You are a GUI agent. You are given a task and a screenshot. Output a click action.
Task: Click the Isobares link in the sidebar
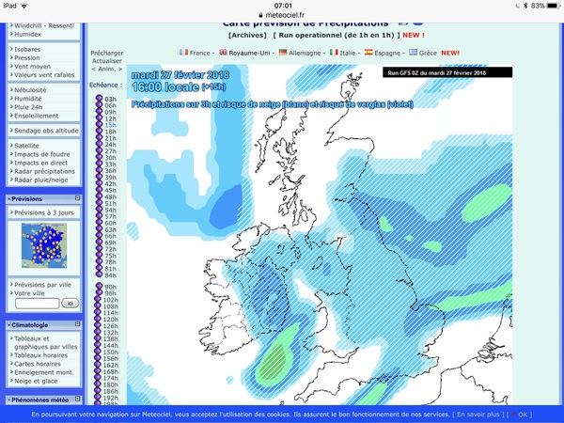pyautogui.click(x=28, y=48)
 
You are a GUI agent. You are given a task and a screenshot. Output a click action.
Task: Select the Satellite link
pyautogui.click(x=29, y=146)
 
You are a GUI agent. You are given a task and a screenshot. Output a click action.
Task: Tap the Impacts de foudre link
pyautogui.click(x=41, y=154)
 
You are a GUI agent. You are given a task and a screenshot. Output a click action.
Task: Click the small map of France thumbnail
pyautogui.click(x=44, y=245)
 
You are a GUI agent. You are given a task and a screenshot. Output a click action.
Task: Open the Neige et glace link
pyautogui.click(x=37, y=382)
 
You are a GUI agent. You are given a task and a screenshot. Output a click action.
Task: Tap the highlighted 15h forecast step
pyautogui.click(x=110, y=124)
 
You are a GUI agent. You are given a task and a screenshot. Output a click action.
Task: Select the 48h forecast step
pyautogui.click(x=110, y=196)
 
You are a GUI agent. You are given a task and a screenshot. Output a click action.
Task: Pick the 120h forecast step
pyautogui.click(x=111, y=319)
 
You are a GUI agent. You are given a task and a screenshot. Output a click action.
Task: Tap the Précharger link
pyautogui.click(x=106, y=54)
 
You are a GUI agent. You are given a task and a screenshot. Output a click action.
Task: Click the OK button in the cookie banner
pyautogui.click(x=524, y=414)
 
